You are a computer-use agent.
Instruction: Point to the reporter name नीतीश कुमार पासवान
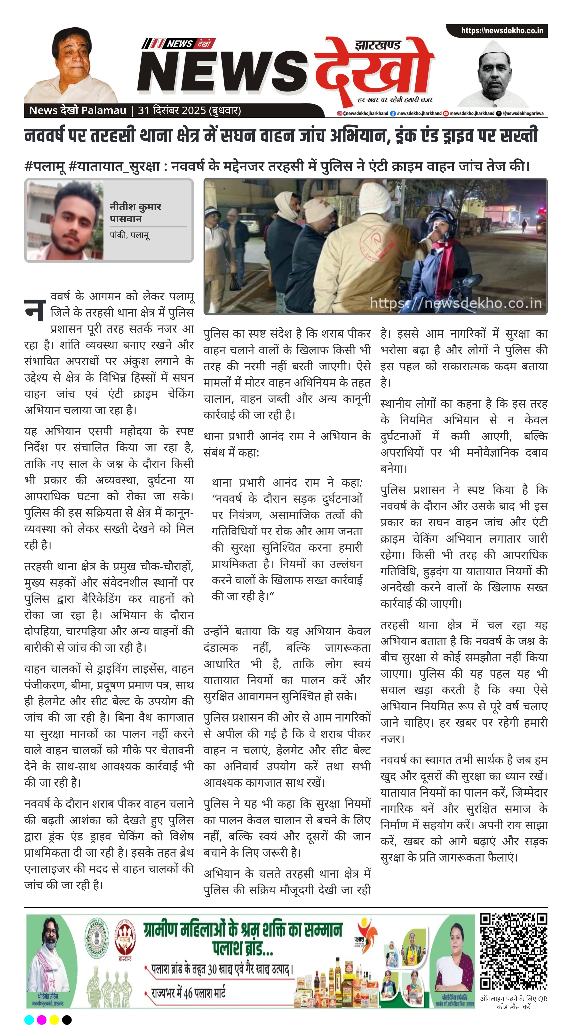[135, 212]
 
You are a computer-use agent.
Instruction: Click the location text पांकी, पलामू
[129, 235]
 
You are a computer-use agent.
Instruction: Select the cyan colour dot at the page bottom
[29, 1019]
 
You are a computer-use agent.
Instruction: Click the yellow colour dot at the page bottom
[54, 1019]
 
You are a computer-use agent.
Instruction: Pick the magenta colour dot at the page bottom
[41, 1019]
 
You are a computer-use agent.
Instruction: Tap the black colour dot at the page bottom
[67, 1019]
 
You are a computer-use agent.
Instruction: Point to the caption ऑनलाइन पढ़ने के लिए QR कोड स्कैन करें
[514, 1002]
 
